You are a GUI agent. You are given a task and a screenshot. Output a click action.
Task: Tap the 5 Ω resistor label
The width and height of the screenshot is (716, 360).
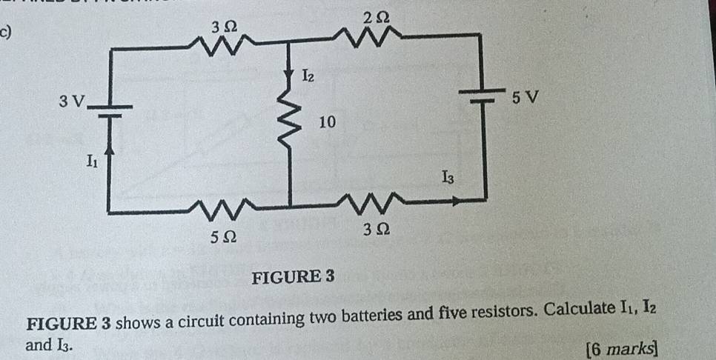pyautogui.click(x=223, y=236)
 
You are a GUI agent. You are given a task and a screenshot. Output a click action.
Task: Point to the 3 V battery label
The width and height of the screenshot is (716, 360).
pyautogui.click(x=73, y=100)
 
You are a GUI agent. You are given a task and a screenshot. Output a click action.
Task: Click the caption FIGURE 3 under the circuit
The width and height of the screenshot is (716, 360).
pyautogui.click(x=294, y=277)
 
